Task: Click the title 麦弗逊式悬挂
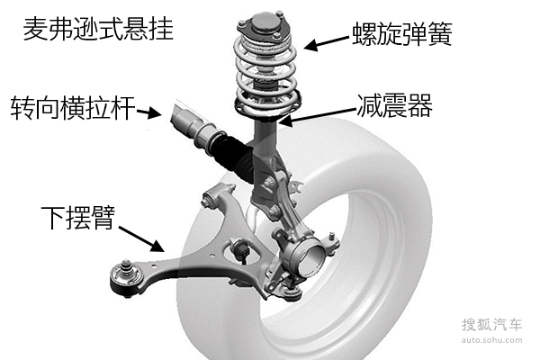point(98,30)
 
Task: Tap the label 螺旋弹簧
point(402,34)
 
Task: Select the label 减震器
point(395,106)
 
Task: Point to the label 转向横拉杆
point(73,108)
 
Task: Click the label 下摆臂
point(77,218)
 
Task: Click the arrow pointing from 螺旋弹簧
point(327,43)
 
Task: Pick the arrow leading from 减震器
point(317,116)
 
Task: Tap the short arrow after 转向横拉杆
point(149,112)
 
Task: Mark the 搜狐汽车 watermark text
point(491,325)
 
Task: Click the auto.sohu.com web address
point(491,340)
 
